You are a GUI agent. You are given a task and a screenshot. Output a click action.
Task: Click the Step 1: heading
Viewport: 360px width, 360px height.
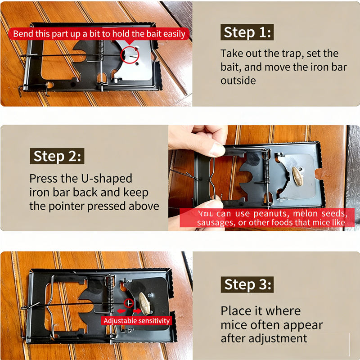(247, 32)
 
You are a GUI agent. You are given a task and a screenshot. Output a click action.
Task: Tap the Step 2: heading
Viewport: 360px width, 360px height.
(57, 156)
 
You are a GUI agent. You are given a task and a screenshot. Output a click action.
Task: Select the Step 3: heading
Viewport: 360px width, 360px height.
(247, 284)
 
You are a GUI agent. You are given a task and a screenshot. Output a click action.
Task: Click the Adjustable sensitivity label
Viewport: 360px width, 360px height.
(136, 321)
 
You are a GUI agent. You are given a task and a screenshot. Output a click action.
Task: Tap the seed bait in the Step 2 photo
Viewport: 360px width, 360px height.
(297, 176)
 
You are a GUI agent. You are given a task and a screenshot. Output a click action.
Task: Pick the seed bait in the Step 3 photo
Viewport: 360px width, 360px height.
(144, 303)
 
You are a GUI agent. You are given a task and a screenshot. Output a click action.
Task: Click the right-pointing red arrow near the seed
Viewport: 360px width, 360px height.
(137, 311)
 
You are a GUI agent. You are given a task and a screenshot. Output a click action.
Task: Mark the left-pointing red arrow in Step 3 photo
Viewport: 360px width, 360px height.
(121, 311)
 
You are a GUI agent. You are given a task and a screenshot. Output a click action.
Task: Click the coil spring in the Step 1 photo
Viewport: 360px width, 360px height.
(100, 51)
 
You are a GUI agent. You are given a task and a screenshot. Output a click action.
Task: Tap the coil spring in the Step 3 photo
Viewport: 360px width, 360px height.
(111, 294)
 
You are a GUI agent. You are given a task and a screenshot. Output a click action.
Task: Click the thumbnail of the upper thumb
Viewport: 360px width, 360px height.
(217, 149)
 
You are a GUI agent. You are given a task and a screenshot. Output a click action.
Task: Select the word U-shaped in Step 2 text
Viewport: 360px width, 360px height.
(107, 179)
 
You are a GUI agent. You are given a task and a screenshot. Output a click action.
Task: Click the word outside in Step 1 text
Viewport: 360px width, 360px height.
(238, 81)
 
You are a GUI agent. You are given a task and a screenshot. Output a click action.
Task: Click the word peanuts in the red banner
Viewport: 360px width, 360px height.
(272, 214)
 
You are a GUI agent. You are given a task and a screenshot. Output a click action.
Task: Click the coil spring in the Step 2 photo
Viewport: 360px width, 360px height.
(266, 167)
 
